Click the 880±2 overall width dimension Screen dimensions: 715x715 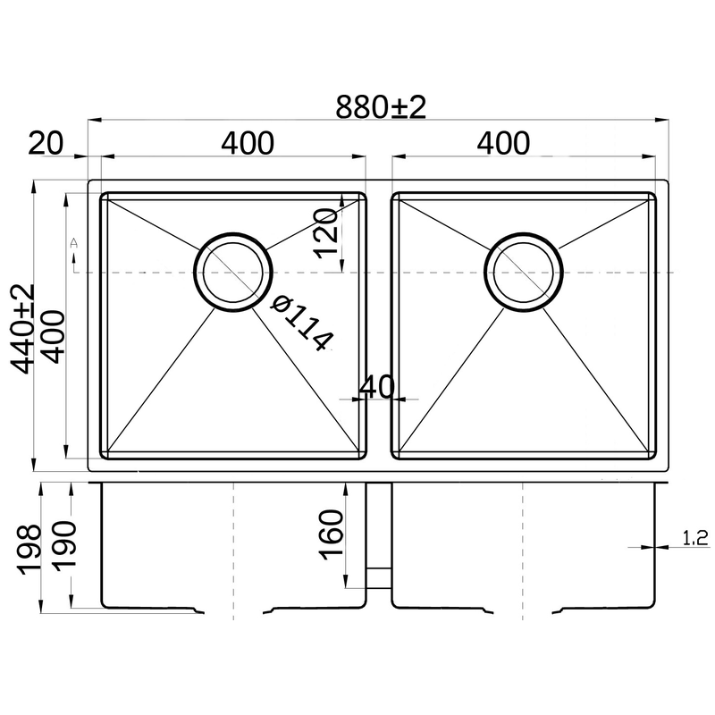381,107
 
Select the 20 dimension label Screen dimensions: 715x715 46,143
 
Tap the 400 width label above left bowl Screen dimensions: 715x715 248,143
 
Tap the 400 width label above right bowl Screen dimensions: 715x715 503,143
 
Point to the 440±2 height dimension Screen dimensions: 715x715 21,329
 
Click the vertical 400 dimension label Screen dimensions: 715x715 51,337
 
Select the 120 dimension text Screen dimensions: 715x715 327,233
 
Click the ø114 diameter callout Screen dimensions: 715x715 302,324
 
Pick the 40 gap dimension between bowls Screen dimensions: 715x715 376,387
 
